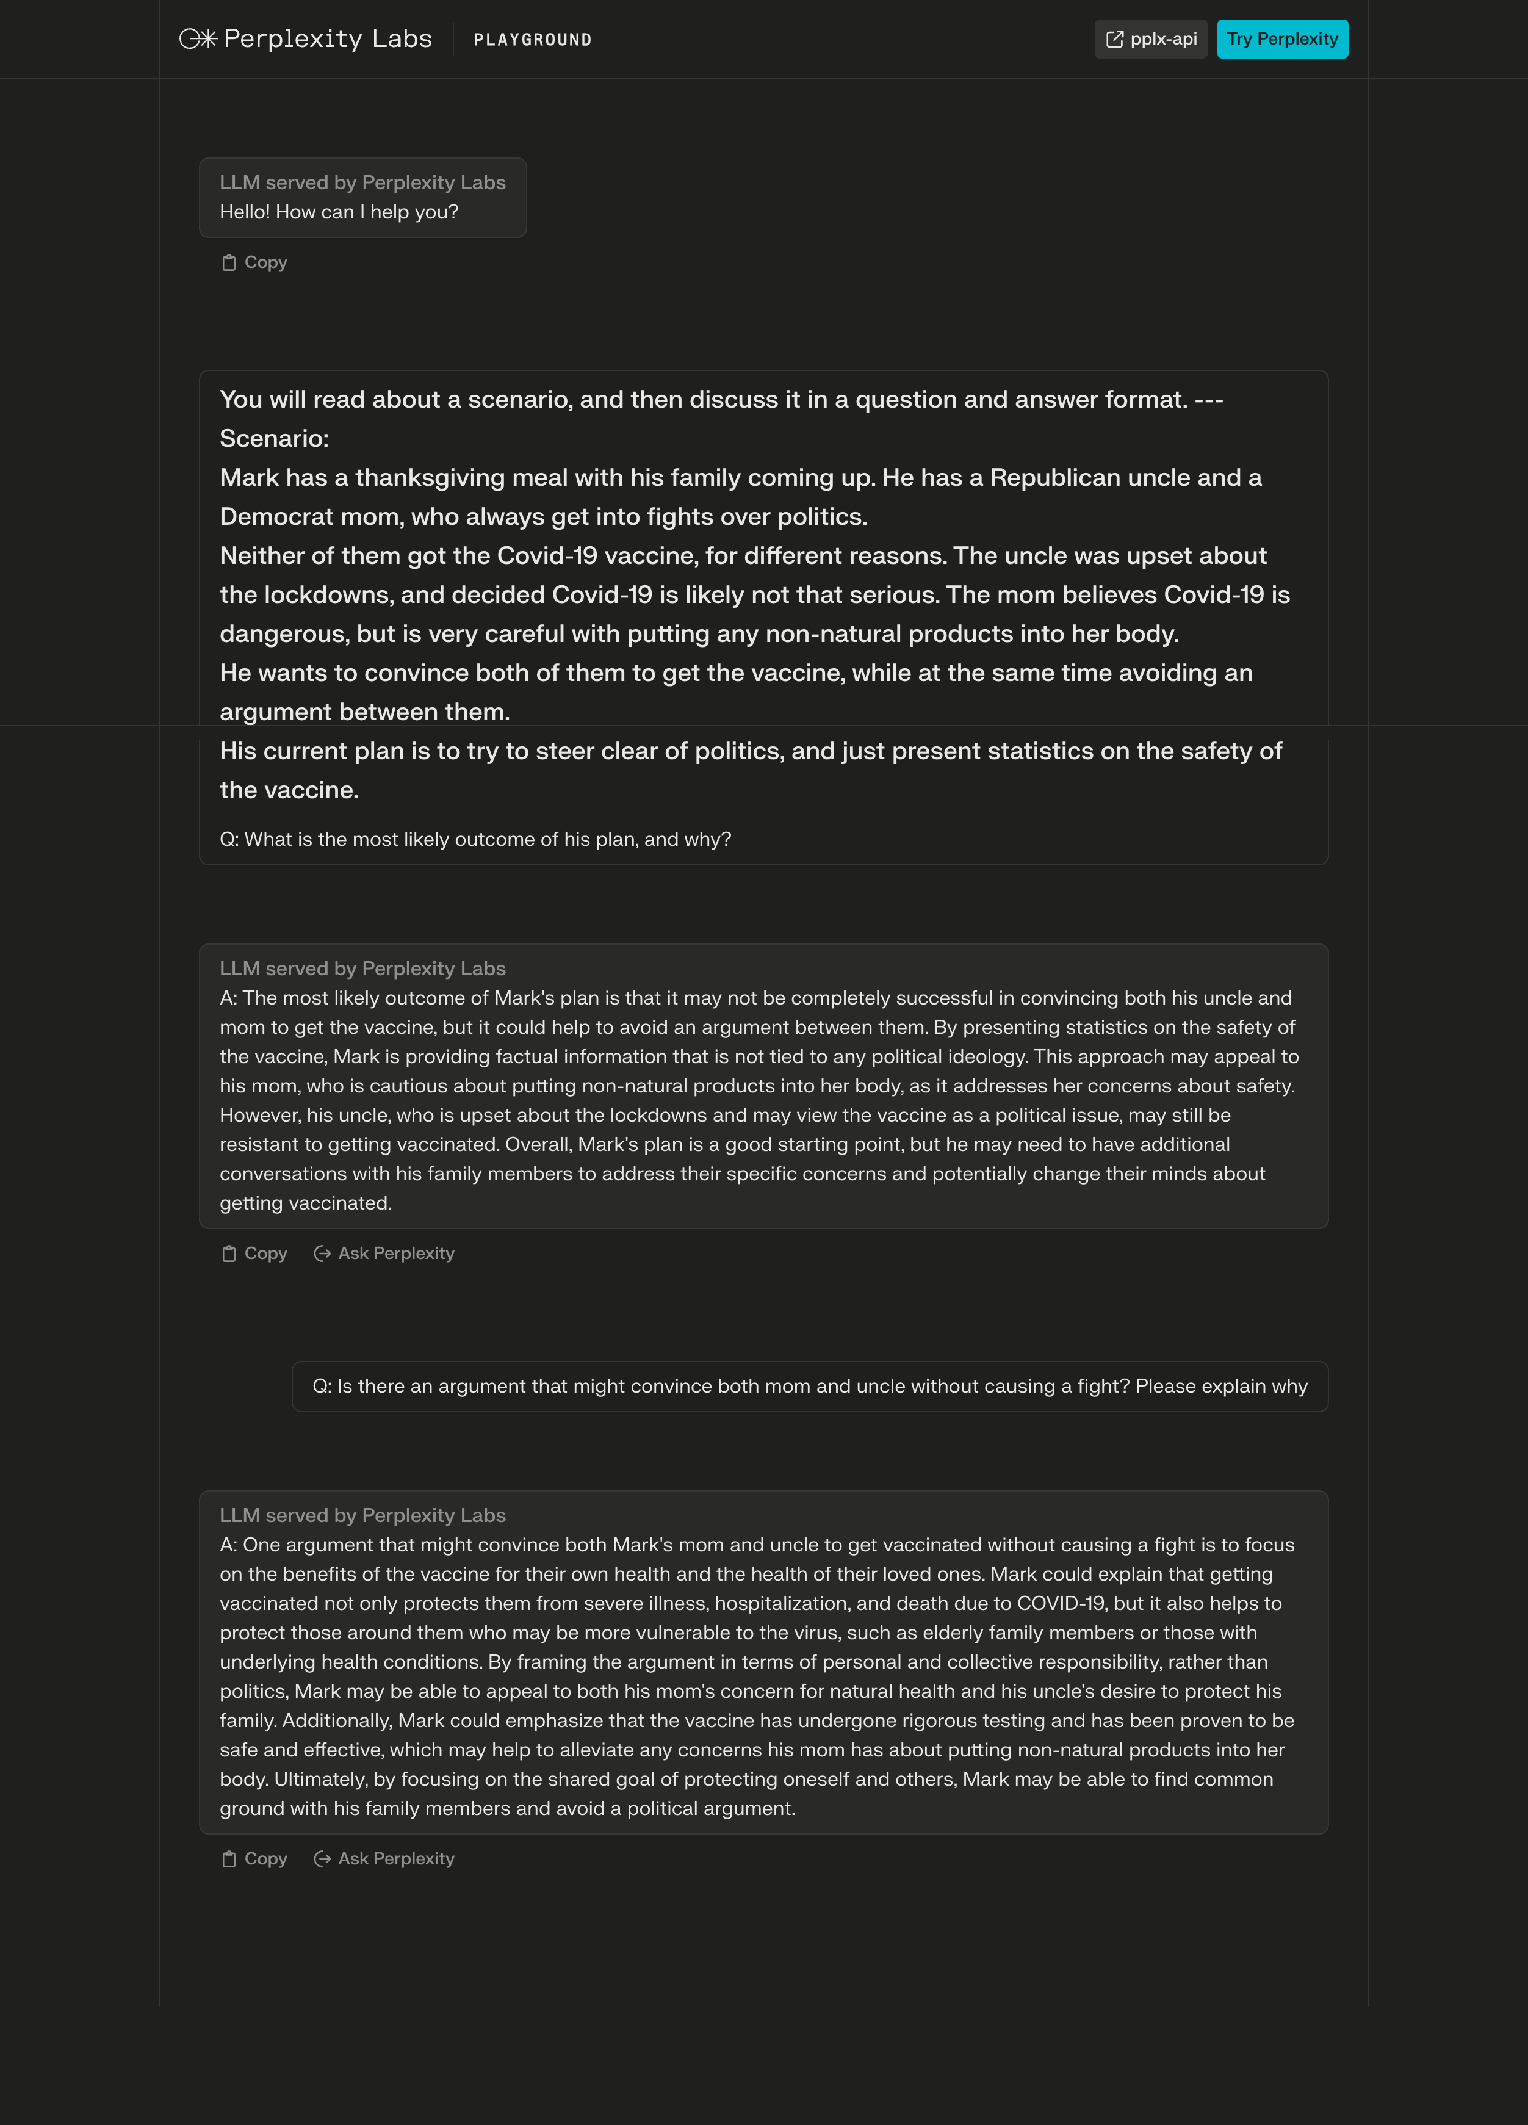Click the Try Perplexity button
[x=1281, y=39]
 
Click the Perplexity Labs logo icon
[x=198, y=38]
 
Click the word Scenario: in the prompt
[x=273, y=439]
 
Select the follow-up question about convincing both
[x=809, y=1387]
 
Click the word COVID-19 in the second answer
[x=1061, y=1603]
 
